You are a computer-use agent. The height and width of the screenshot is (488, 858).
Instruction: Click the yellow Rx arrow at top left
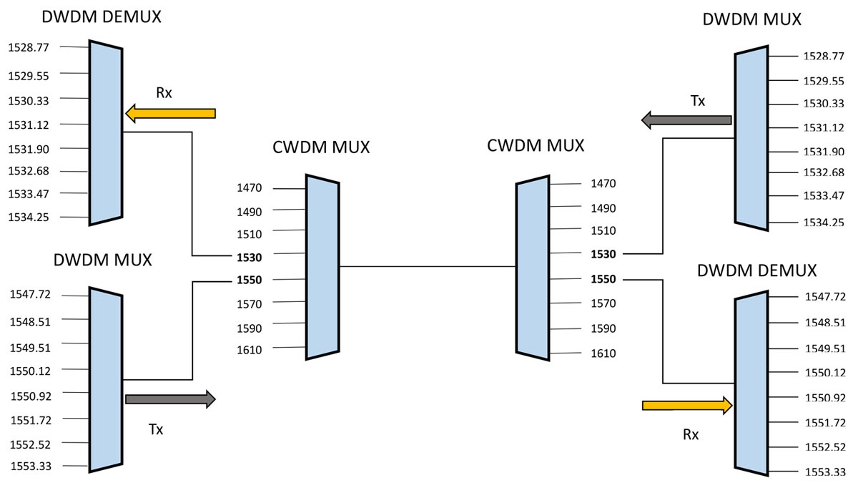point(170,113)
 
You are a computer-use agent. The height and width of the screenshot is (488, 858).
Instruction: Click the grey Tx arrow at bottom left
point(170,399)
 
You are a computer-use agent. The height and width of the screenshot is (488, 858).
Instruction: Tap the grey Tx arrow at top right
point(686,119)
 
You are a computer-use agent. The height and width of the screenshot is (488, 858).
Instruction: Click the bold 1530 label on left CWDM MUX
point(250,256)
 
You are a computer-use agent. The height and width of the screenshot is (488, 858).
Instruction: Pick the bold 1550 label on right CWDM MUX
point(603,279)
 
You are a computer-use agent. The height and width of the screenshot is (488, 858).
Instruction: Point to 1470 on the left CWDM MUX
point(250,188)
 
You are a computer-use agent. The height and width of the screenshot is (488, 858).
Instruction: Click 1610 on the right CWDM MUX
point(603,353)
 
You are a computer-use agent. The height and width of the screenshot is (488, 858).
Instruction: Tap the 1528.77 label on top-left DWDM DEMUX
point(28,47)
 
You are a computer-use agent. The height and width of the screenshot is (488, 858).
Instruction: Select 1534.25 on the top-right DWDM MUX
point(824,223)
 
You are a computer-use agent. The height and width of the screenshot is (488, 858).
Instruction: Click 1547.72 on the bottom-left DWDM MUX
point(31,294)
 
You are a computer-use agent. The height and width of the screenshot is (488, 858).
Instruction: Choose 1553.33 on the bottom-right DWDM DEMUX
point(825,472)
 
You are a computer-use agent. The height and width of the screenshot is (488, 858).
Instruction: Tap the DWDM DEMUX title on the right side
point(756,270)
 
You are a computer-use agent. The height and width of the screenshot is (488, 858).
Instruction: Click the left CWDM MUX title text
point(321,147)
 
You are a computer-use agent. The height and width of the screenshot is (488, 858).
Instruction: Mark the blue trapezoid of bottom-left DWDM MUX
point(106,379)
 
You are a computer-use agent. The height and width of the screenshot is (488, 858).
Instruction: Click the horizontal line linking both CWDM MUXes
point(428,267)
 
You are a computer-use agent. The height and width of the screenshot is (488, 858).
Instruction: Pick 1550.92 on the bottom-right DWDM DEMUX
point(825,397)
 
